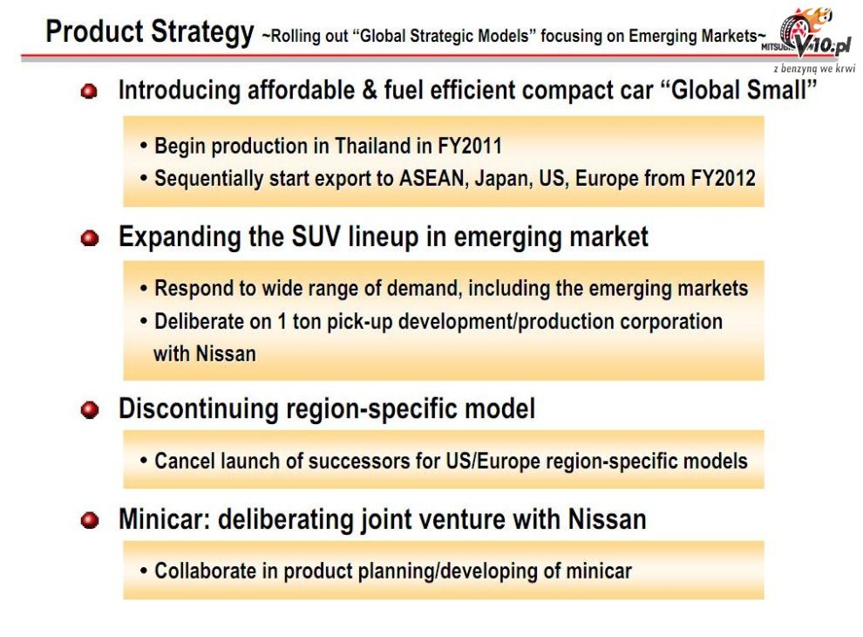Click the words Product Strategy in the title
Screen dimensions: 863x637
(x=150, y=32)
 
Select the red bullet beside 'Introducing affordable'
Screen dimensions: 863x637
(x=89, y=92)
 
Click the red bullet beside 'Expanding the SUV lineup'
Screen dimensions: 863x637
(x=89, y=238)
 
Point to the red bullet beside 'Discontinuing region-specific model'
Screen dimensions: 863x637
(x=89, y=410)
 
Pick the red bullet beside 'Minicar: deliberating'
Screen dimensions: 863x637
(x=89, y=520)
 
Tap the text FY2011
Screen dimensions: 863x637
(x=470, y=146)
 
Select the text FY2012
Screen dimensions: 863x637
(x=724, y=179)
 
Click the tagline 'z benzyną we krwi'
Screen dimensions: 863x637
(x=814, y=69)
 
